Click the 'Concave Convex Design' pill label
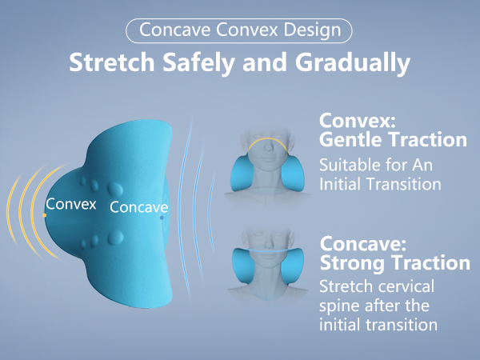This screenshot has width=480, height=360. click(x=239, y=30)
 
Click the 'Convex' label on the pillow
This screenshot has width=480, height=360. click(x=71, y=204)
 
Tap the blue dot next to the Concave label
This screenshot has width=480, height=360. click(x=162, y=217)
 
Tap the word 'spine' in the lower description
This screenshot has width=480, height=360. click(x=338, y=306)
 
